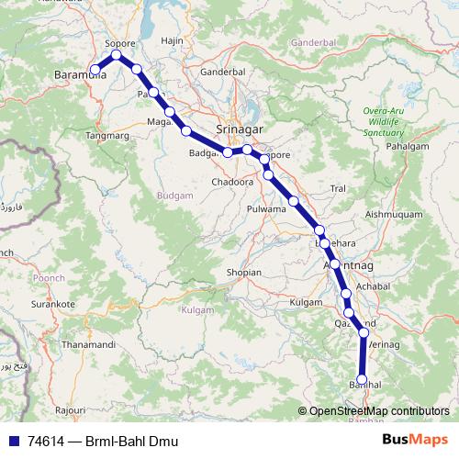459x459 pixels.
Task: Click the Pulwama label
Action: click(266, 209)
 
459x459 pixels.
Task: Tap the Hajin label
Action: click(173, 41)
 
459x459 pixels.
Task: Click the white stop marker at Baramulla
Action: click(95, 69)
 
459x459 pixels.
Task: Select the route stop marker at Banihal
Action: click(362, 378)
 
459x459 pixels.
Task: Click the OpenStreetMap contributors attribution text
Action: click(378, 411)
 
